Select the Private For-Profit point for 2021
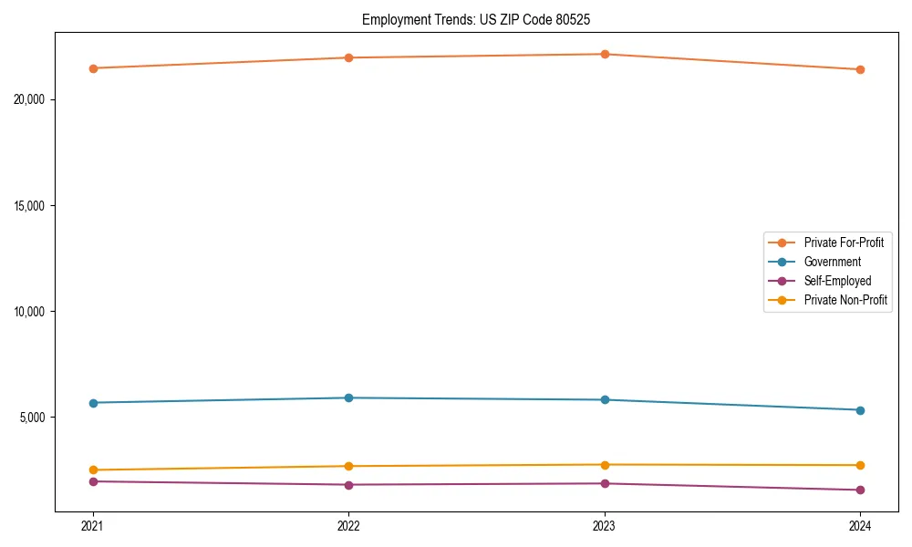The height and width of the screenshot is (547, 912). click(x=93, y=68)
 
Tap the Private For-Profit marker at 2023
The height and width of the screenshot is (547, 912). click(x=605, y=54)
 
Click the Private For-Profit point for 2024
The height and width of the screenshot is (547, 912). click(x=860, y=69)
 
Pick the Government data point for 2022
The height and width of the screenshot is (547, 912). click(x=348, y=397)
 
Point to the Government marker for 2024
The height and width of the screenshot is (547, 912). click(x=860, y=410)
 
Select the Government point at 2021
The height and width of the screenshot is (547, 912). click(x=93, y=403)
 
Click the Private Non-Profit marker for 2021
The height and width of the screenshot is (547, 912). click(x=93, y=470)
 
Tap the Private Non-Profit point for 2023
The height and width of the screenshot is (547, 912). click(x=605, y=465)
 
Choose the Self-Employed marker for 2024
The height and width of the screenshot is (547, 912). click(x=860, y=490)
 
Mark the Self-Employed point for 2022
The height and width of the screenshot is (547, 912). click(x=348, y=485)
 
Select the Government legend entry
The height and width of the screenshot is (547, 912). click(x=832, y=262)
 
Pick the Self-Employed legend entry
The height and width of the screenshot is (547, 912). click(x=837, y=281)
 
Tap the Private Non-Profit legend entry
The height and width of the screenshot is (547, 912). click(x=845, y=300)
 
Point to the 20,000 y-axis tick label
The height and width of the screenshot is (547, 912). click(x=31, y=99)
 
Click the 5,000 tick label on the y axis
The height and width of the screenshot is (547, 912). click(x=34, y=418)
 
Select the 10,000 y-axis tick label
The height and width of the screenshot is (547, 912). click(x=31, y=312)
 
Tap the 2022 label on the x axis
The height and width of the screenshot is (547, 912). click(x=348, y=525)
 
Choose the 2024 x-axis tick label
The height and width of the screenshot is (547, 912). click(x=860, y=525)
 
